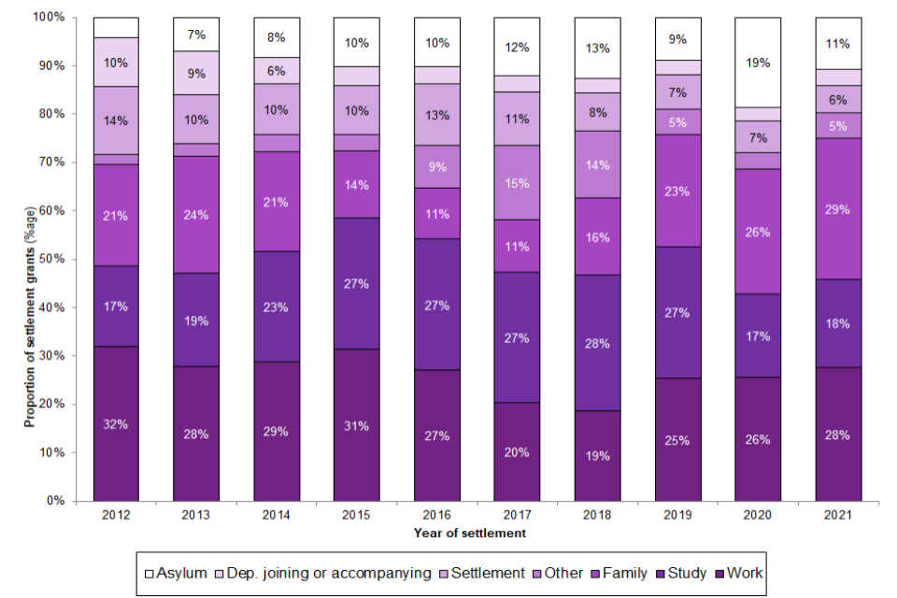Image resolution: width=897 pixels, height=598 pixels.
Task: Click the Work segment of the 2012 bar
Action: click(116, 423)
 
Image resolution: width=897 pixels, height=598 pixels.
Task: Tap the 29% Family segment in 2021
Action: click(838, 209)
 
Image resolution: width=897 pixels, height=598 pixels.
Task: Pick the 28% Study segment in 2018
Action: click(597, 343)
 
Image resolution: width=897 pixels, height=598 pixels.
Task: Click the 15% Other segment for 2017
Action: click(517, 183)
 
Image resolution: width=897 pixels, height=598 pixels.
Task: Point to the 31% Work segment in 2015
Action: click(357, 425)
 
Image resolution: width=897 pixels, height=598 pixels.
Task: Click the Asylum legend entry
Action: click(177, 573)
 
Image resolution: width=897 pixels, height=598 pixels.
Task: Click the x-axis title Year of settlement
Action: click(470, 534)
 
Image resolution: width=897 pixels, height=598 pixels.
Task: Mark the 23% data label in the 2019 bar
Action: click(677, 191)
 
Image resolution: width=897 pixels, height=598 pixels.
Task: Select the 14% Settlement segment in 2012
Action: click(116, 121)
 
